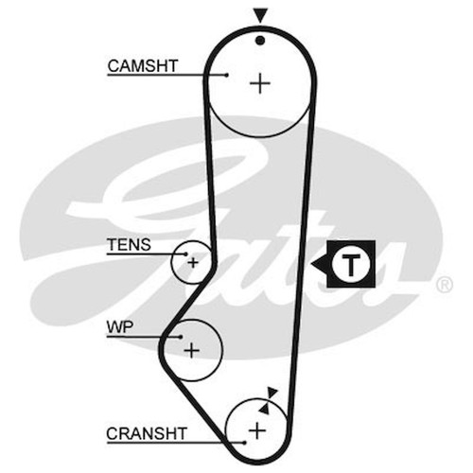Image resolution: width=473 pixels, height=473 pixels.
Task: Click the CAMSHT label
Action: [143, 66]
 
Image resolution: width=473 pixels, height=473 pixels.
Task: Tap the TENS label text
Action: [129, 245]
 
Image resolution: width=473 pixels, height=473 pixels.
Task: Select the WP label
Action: [120, 327]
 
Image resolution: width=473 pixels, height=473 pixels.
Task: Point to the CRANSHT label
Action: [147, 433]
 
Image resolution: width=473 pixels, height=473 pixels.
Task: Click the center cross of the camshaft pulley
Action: [260, 83]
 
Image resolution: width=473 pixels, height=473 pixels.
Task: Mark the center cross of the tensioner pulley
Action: [193, 262]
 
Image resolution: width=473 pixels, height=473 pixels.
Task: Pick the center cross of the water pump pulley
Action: [191, 350]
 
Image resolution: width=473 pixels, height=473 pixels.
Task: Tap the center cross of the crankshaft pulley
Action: [257, 430]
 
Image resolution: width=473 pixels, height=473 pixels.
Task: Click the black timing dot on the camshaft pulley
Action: [260, 41]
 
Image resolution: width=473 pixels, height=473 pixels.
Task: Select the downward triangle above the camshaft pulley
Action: [260, 15]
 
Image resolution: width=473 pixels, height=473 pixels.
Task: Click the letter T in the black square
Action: [351, 264]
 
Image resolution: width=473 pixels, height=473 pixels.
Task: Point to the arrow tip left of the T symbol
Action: [311, 264]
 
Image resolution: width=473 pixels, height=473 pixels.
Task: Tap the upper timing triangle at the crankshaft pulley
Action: [272, 393]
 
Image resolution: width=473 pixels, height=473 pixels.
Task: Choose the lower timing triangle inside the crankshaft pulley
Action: [265, 409]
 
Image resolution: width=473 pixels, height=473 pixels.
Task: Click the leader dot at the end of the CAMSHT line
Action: [227, 75]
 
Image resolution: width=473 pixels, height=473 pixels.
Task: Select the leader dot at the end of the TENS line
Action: [186, 254]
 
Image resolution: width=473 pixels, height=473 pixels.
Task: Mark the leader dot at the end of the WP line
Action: [181, 337]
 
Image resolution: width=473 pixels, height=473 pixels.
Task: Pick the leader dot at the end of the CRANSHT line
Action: [244, 443]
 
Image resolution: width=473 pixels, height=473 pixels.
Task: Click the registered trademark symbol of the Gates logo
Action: [445, 285]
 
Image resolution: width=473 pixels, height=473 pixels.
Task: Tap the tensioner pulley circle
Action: [171, 262]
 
